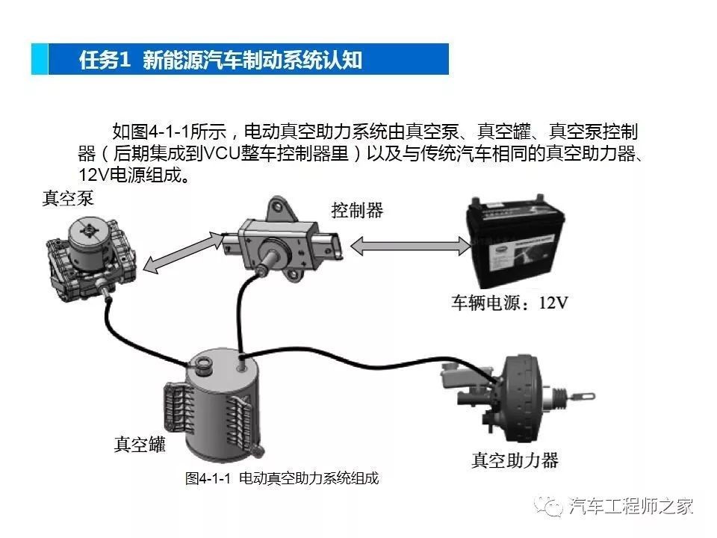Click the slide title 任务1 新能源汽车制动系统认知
pos(220,60)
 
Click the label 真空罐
pos(139,445)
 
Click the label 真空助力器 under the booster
pos(515,460)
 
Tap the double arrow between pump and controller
pos(184,251)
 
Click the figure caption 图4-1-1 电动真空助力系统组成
pos(282,479)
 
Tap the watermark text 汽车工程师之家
pos(631,506)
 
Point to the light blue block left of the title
pos(40,60)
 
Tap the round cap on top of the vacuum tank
pos(202,365)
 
